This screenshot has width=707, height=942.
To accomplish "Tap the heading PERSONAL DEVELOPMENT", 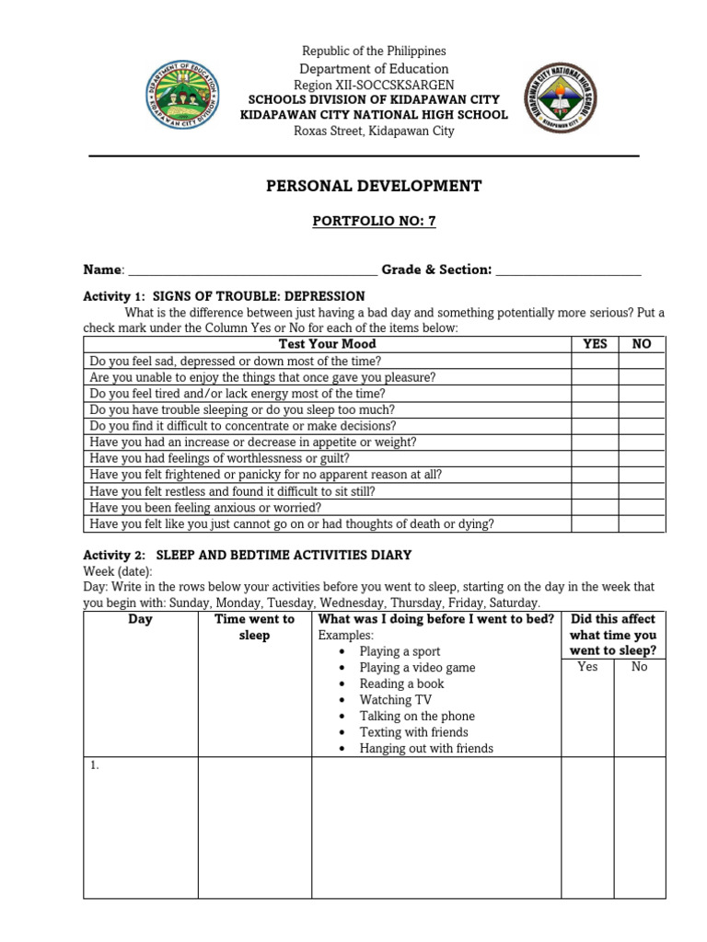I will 374,186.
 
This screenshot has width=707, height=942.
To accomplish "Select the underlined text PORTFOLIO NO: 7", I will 374,222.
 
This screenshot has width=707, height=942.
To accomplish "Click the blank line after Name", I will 251,270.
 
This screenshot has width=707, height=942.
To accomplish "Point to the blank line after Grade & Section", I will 568,270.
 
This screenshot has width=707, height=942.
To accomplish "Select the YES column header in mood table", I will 595,344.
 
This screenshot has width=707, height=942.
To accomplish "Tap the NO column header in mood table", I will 642,344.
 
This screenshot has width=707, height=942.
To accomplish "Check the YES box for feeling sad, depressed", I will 595,362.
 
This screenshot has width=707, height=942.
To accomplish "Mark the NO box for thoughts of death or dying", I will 642,524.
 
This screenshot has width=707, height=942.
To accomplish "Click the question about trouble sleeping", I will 242,410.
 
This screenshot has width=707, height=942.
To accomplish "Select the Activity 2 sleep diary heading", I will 248,556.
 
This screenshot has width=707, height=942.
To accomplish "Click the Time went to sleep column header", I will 254,627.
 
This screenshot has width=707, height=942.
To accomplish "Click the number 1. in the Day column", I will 95,766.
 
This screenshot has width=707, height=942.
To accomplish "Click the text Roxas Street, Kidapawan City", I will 374,131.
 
